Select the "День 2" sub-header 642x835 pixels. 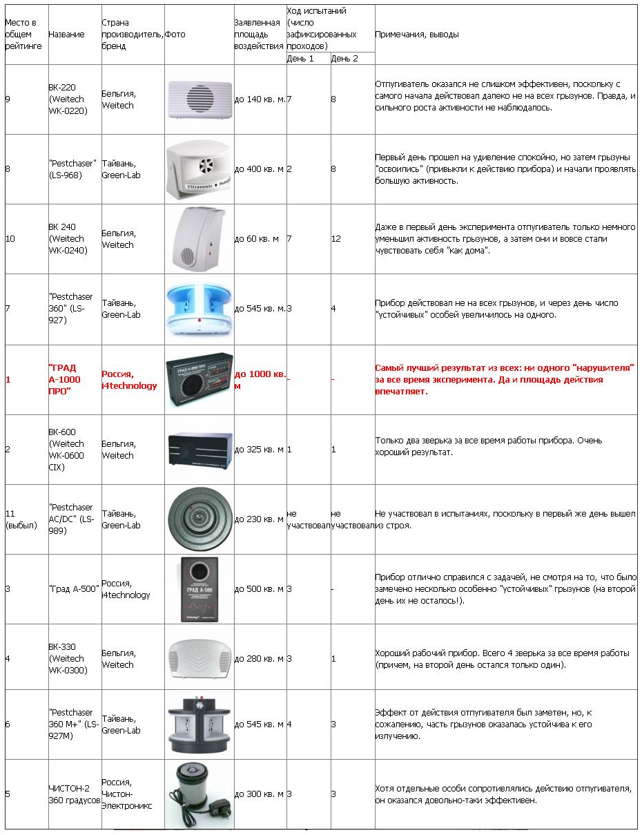[x=344, y=59]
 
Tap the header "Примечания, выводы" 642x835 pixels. [x=416, y=35]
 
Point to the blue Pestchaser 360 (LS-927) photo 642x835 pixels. [x=199, y=308]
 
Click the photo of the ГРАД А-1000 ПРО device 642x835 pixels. [x=199, y=379]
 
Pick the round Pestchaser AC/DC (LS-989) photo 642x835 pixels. [x=199, y=519]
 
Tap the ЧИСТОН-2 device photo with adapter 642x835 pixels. [x=199, y=794]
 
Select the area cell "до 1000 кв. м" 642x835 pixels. [x=260, y=379]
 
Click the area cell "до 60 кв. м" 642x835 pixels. [x=257, y=239]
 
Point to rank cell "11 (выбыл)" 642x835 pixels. [x=21, y=519]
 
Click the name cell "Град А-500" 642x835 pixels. [x=74, y=588]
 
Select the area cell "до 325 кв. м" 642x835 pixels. [x=259, y=450]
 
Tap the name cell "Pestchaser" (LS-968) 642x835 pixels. [x=72, y=169]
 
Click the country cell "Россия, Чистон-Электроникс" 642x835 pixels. [x=127, y=794]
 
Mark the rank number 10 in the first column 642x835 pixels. [x=10, y=239]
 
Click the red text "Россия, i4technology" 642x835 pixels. [x=129, y=379]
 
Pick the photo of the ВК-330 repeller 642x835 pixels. [x=199, y=658]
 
